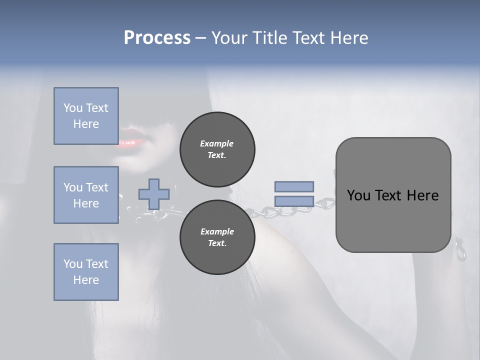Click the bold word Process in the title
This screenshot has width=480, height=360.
157,38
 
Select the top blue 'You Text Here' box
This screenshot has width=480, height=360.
86,116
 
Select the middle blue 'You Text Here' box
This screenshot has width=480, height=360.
86,195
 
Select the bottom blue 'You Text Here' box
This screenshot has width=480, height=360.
86,271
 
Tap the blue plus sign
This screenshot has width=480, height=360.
154,194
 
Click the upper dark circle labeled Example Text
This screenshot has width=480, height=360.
217,149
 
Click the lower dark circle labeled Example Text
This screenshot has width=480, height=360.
217,237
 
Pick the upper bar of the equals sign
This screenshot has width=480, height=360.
294,186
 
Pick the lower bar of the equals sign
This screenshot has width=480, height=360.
294,201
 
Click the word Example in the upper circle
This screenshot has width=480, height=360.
216,143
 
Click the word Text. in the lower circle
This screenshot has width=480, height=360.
216,243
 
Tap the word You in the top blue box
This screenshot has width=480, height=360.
73,108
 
